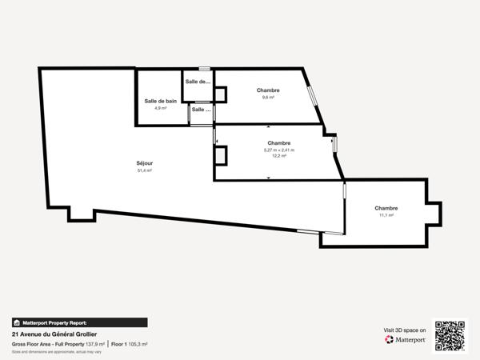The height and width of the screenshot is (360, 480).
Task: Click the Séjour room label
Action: pos(145,163)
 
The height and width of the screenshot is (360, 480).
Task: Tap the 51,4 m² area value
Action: pos(145,170)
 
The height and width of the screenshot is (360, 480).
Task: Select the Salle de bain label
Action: pos(160,101)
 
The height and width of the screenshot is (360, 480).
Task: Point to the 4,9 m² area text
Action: pos(160,108)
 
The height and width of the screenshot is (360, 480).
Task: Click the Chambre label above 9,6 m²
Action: pos(268,90)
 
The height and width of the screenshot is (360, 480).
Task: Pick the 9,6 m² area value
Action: pos(268,98)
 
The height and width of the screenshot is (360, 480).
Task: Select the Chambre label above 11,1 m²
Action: pos(386,208)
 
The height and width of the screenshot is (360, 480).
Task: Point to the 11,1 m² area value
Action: pos(386,215)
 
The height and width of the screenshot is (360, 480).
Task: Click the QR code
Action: pos(450,336)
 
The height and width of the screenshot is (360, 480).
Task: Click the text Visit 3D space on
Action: pos(405,330)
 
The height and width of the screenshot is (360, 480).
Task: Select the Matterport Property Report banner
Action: pos(79,322)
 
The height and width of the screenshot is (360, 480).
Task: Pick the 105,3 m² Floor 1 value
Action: pos(138,344)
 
